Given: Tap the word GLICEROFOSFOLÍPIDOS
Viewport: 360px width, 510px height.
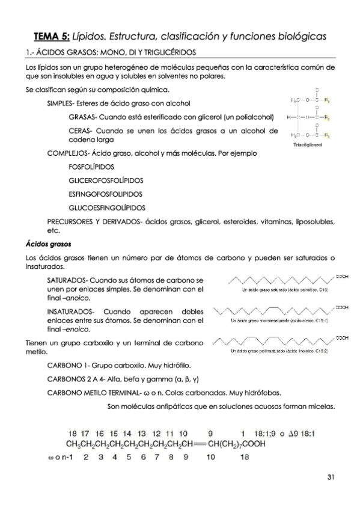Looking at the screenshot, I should pyautogui.click(x=105, y=180).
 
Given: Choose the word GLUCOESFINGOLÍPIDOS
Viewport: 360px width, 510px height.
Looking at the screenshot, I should pyautogui.click(x=107, y=208).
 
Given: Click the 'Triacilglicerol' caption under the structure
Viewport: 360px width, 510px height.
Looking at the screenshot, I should pyautogui.click(x=307, y=146).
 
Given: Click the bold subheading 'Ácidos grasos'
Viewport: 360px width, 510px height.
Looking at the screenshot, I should pyautogui.click(x=48, y=245).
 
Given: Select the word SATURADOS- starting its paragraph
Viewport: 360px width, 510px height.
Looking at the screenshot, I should pyautogui.click(x=67, y=281).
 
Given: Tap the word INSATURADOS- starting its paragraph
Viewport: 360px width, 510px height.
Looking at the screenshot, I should pyautogui.click(x=70, y=313).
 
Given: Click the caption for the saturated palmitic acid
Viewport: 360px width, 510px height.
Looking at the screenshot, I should pyautogui.click(x=275, y=290).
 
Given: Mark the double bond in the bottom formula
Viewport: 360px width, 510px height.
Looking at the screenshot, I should pyautogui.click(x=197, y=445).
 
